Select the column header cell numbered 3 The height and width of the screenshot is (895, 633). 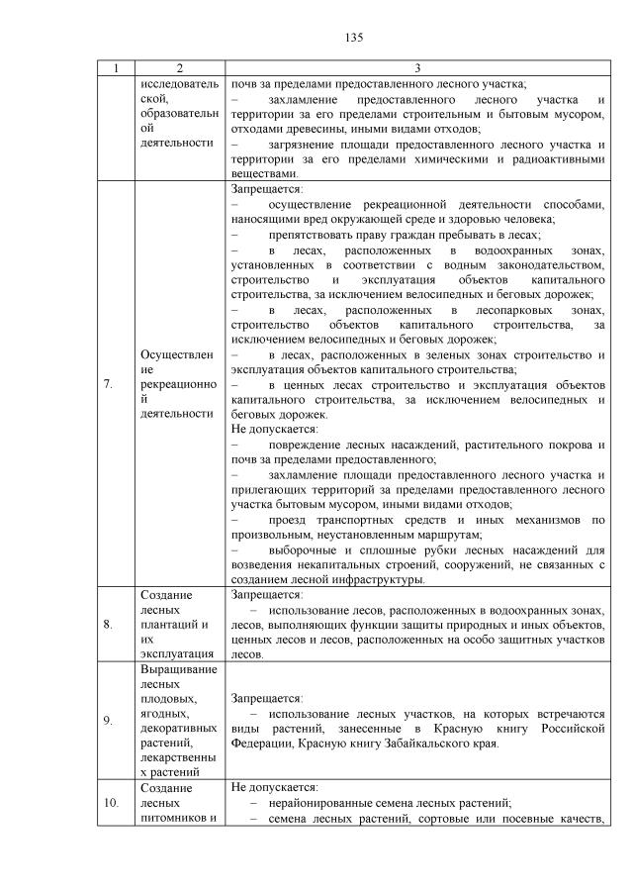pyautogui.click(x=417, y=68)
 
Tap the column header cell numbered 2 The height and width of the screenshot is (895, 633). pyautogui.click(x=179, y=68)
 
